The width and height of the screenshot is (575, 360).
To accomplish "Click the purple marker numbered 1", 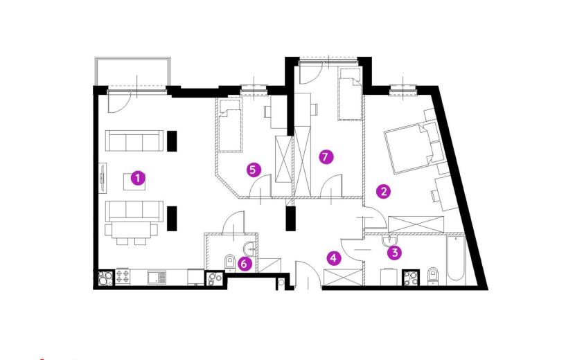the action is click(138, 179).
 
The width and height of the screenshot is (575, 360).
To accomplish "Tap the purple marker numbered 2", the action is click(384, 191).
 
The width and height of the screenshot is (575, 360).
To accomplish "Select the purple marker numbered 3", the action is click(395, 253).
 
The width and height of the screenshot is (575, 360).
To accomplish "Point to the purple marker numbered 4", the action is click(333, 258).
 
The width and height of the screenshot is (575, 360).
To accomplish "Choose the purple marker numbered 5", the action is click(254, 170).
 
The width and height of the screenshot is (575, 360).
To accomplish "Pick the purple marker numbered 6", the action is click(245, 264).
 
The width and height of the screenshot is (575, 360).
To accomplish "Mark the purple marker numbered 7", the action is click(326, 157).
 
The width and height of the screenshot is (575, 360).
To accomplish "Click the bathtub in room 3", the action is click(455, 260).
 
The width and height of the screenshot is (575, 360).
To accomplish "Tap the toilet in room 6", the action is click(229, 263).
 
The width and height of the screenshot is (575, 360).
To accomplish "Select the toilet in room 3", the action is click(433, 276).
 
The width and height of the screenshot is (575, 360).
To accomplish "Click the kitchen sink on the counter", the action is click(157, 277).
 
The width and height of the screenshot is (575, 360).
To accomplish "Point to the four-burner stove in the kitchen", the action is click(123, 277).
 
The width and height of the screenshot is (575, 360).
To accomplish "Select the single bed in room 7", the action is click(351, 94).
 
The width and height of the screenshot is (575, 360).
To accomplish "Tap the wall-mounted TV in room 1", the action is click(103, 178).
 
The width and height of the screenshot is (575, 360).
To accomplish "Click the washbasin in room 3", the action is click(389, 240).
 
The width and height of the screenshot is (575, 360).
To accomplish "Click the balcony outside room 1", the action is click(133, 72).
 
